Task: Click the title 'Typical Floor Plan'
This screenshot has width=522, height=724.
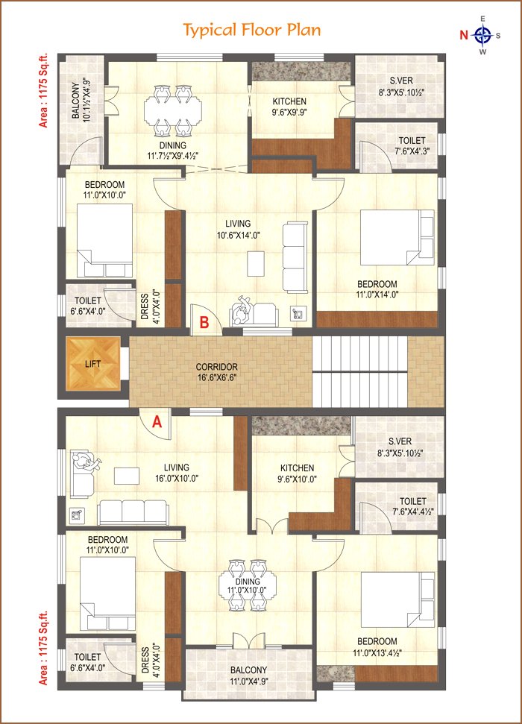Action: point(252,31)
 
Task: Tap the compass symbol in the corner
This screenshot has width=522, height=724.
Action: point(482,35)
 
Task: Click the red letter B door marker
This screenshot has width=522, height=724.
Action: point(204,322)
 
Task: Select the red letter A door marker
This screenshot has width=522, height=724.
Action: point(157,421)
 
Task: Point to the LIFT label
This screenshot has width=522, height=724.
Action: point(93,364)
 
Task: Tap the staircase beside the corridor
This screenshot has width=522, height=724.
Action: point(360,372)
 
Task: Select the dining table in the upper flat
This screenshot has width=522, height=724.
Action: point(173,110)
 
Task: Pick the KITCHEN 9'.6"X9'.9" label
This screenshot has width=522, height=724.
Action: point(289,106)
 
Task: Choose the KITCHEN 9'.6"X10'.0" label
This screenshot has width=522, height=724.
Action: point(297,473)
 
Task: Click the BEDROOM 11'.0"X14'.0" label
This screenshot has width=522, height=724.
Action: point(377,289)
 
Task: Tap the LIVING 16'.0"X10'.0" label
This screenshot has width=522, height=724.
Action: point(177,473)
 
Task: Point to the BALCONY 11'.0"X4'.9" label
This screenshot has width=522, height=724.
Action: point(248,675)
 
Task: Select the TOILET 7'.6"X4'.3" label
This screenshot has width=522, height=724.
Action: point(412,145)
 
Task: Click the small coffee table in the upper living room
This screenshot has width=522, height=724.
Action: point(256,263)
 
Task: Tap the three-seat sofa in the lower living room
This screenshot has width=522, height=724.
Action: point(133,512)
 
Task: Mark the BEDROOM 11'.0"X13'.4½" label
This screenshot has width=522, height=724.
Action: point(377,647)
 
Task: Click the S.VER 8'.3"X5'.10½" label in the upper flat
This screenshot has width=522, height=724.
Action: point(401,86)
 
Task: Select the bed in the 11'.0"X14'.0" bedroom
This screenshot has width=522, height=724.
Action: point(397,238)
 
